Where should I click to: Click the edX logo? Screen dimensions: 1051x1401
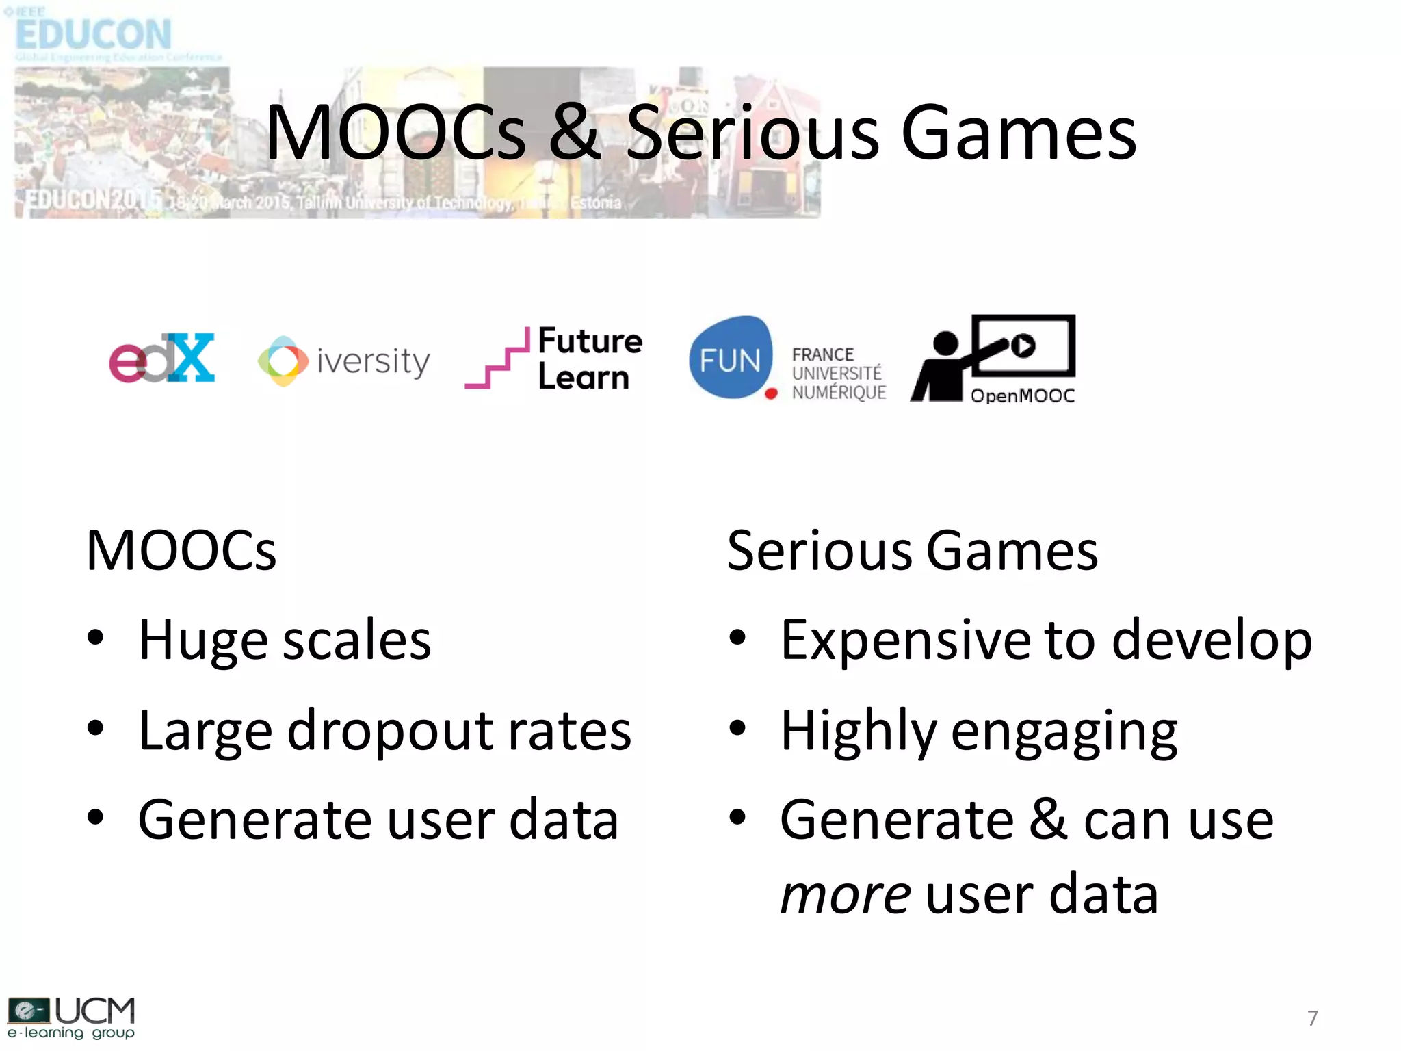162,358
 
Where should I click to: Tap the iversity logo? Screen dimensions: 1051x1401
344,361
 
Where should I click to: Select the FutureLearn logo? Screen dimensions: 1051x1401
554,359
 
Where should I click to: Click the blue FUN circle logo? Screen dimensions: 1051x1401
731,358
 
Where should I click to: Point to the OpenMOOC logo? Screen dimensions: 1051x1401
993,359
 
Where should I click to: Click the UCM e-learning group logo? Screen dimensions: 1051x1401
71,1018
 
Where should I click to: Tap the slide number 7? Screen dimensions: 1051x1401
1312,1018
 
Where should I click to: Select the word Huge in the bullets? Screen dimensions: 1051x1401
202,640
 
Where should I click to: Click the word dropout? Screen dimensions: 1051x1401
389,731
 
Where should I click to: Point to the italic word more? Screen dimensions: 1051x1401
846,894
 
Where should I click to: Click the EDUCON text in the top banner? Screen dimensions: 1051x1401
94,34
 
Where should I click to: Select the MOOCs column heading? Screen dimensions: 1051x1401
181,551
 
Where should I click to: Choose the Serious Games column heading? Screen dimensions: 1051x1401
912,551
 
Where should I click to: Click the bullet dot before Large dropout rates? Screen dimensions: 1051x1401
96,728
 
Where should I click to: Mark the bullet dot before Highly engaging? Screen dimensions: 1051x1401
737,728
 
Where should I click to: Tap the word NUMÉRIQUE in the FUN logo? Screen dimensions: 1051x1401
839,393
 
